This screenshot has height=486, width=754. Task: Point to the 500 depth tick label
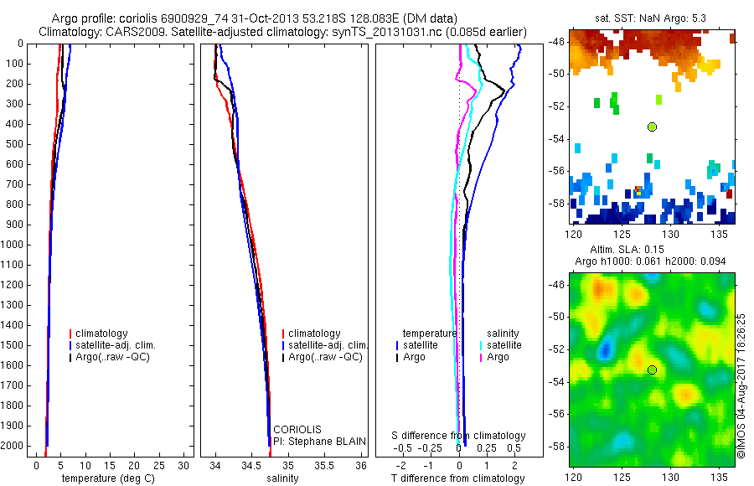[x=14, y=144]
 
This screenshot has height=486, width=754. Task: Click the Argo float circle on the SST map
[x=652, y=127]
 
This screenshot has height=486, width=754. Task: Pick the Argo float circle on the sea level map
[x=652, y=370]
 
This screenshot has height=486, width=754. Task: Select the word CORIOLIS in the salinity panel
[x=297, y=429]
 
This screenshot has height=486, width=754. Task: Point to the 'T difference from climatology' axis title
[x=457, y=478]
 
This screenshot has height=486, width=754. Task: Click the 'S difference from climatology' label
[x=459, y=436]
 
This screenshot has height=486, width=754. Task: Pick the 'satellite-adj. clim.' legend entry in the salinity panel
[x=328, y=345]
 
